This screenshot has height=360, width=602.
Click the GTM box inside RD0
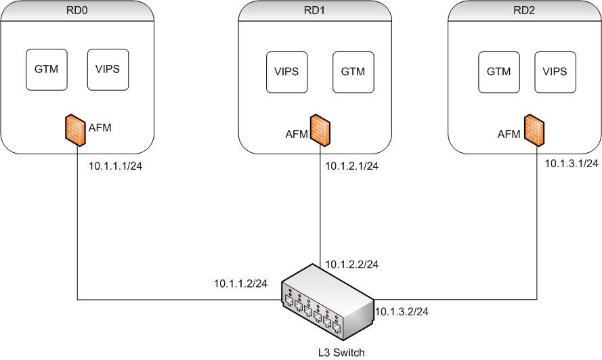[x=47, y=68]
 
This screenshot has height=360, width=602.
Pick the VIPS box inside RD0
[x=108, y=68]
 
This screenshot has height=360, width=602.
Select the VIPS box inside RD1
[x=286, y=71]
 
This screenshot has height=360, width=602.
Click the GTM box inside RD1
[x=353, y=71]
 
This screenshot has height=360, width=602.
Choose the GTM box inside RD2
[x=499, y=71]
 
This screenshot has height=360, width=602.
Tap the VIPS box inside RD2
[x=555, y=71]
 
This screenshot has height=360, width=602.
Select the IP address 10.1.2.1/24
[x=351, y=166]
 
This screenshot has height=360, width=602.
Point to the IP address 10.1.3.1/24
[x=572, y=163]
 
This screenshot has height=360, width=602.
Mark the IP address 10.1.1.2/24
[x=240, y=284]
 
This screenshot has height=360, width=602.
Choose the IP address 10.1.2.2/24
[x=351, y=264]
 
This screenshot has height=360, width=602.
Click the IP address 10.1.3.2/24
[x=402, y=311]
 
